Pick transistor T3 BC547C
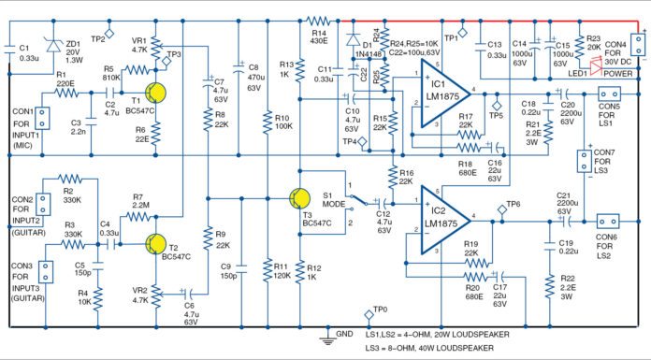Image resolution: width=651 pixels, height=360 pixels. pyautogui.click(x=298, y=198)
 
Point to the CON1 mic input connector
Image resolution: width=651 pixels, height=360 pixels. pyautogui.click(x=42, y=122)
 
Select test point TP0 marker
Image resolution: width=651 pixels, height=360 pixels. pyautogui.click(x=372, y=312)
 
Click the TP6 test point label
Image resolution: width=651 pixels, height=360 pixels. pyautogui.click(x=513, y=204)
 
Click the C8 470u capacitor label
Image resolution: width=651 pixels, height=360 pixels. pyautogui.click(x=252, y=78)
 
